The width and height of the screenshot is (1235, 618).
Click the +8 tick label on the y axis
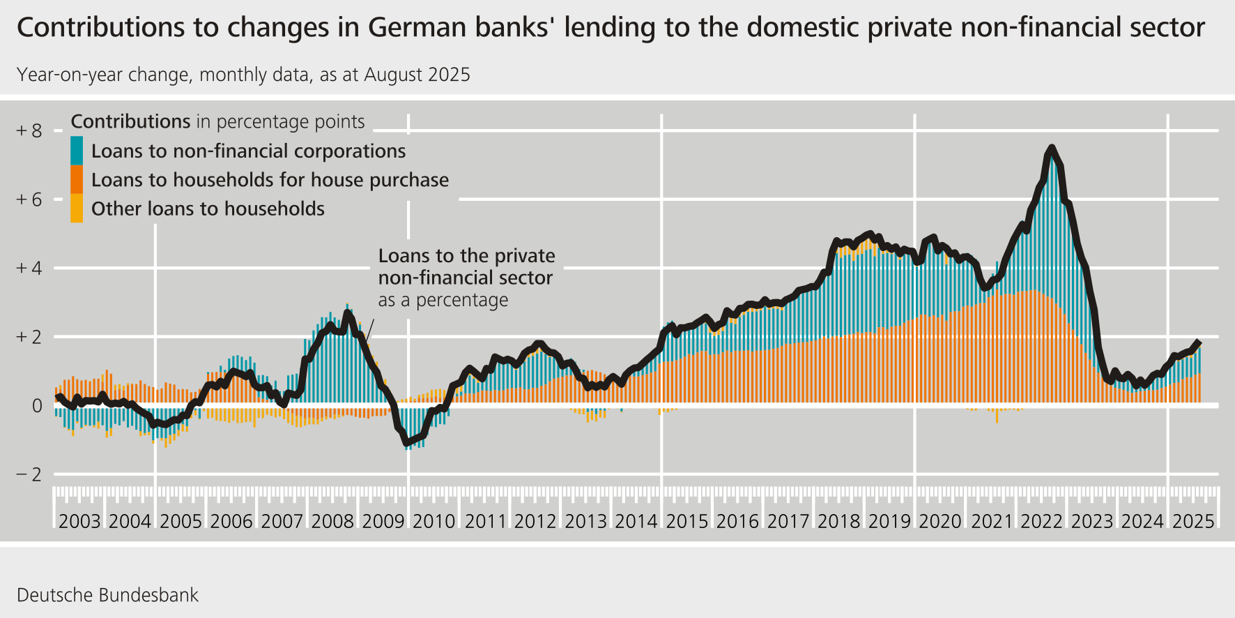(29, 131)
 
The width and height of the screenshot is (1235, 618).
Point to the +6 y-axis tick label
(29, 200)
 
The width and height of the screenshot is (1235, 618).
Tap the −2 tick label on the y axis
(29, 475)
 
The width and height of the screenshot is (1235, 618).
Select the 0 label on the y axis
(37, 406)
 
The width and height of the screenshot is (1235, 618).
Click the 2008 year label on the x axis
(332, 521)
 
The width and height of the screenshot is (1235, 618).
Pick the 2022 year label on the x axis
(1041, 521)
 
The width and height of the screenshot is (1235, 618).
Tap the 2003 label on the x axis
(79, 521)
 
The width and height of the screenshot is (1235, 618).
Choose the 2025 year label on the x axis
(1193, 521)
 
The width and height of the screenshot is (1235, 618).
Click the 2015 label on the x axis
(686, 521)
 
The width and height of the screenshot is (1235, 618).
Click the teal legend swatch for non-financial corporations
(77, 151)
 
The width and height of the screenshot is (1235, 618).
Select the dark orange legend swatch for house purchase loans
(77, 179)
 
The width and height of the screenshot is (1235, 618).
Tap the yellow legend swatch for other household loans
(77, 209)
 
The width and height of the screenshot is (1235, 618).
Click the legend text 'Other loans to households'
(208, 209)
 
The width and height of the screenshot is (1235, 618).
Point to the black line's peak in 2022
(1051, 148)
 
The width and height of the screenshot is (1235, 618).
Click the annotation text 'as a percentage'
(443, 300)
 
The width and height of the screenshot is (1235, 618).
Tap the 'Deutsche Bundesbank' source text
(107, 595)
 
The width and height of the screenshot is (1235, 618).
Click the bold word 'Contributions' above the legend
(130, 121)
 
